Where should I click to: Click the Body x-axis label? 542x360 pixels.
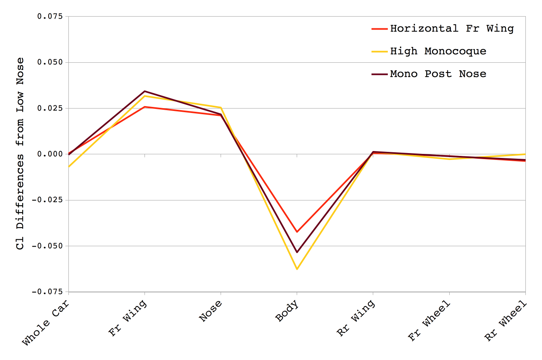(287, 311)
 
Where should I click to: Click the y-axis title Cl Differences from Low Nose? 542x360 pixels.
(20, 153)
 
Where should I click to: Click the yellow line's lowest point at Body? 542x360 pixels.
(297, 269)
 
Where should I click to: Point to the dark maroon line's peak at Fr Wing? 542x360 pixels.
(145, 92)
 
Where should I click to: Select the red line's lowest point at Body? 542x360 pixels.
(297, 232)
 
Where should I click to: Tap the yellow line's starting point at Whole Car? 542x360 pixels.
(69, 166)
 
